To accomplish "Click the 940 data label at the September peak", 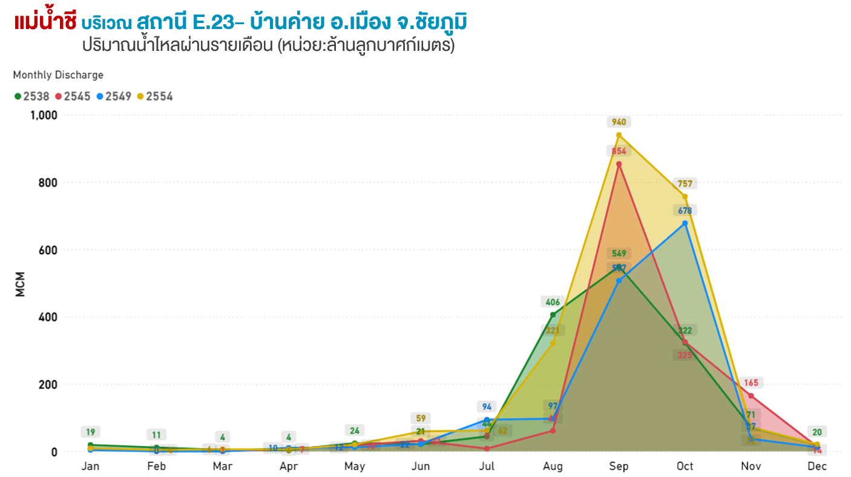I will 619,122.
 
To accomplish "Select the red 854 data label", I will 619,151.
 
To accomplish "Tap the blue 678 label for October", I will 685,211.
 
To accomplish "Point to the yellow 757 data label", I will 685,184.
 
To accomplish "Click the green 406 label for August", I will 553,302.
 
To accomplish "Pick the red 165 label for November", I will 751,383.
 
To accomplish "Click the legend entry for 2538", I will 32,96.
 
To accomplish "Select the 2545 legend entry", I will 73,96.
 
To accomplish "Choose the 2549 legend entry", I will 114,96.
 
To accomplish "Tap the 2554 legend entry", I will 155,96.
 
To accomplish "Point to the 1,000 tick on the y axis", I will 44,115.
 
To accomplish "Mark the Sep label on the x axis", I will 619,466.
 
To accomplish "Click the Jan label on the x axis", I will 90,466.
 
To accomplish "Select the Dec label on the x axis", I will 816,466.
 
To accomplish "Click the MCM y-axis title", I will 21,283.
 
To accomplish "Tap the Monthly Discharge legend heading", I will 58,75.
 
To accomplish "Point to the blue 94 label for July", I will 487,407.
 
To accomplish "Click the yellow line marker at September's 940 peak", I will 619,135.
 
